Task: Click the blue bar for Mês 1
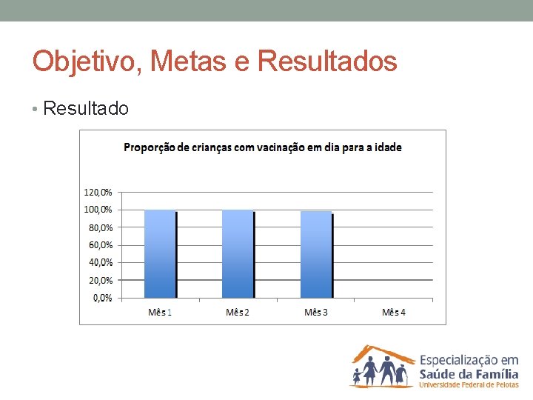[160, 253]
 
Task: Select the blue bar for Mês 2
[238, 253]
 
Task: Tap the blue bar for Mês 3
[316, 254]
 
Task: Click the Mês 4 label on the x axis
[394, 312]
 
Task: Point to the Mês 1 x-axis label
[160, 312]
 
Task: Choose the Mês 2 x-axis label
[238, 312]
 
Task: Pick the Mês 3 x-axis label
[316, 312]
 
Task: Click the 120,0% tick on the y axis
[97, 192]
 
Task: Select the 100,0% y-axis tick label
[97, 210]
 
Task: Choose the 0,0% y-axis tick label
[101, 298]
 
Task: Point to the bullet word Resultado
[86, 109]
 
